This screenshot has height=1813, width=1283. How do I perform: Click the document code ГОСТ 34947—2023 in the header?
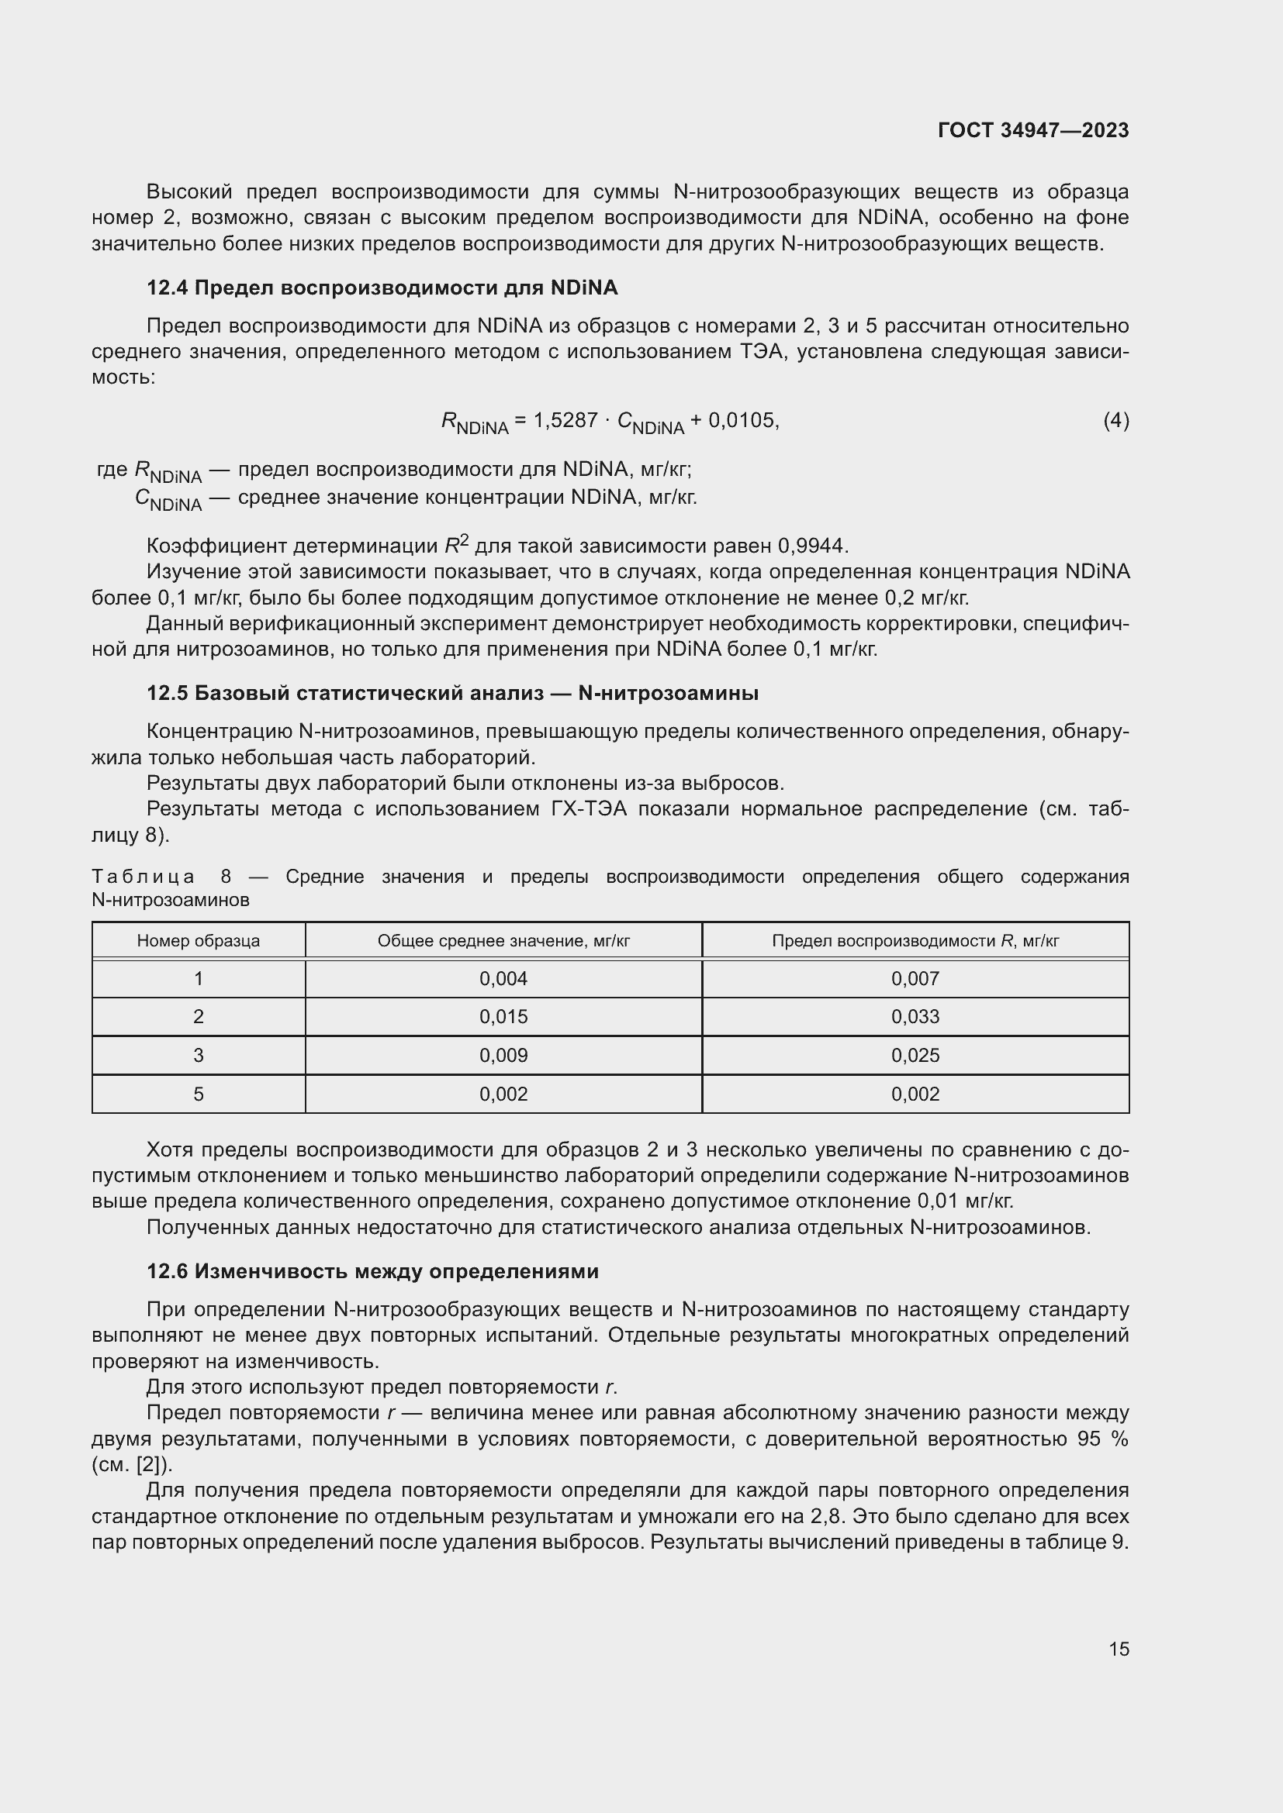[1032, 130]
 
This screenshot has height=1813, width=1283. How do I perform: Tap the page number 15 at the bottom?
[1119, 1649]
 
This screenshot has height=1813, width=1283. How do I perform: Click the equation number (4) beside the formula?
[1115, 420]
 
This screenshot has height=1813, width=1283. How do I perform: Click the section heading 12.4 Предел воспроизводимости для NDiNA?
[382, 288]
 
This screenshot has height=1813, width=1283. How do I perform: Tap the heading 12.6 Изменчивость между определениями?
[372, 1270]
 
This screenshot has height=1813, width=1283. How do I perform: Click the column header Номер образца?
[199, 940]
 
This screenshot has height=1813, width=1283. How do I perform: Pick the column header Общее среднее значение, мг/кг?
[503, 940]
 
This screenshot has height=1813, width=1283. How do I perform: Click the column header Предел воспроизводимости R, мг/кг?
[915, 940]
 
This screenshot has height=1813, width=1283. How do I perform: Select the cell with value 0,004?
[503, 978]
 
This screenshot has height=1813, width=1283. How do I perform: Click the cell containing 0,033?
[915, 1016]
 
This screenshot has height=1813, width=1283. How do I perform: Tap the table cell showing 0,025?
[915, 1055]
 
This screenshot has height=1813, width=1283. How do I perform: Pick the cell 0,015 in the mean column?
[503, 1016]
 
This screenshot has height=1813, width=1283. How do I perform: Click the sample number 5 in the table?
[199, 1094]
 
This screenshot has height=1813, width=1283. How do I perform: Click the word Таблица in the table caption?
[143, 877]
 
